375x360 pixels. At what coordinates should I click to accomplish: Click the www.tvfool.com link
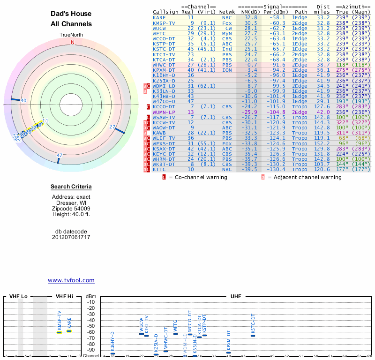[71, 280]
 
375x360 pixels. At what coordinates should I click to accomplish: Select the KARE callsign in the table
[159, 17]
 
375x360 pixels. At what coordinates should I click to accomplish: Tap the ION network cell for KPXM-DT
[227, 70]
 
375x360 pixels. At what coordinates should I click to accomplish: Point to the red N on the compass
[72, 42]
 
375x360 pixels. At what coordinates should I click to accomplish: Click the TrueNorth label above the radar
[72, 35]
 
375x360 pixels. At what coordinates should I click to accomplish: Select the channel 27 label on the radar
[112, 127]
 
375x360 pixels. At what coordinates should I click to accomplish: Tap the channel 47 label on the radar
[60, 155]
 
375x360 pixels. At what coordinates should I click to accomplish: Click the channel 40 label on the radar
[23, 100]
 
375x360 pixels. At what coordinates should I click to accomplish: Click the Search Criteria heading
[71, 187]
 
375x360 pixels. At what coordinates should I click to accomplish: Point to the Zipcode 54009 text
[71, 209]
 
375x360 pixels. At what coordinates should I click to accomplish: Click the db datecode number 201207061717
[71, 237]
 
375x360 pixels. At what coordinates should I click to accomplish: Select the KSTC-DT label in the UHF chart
[253, 323]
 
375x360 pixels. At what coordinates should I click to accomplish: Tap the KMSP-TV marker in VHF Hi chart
[60, 332]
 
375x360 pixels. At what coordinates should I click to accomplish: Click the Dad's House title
[71, 14]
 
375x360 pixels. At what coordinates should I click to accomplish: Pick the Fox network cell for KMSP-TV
[227, 22]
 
